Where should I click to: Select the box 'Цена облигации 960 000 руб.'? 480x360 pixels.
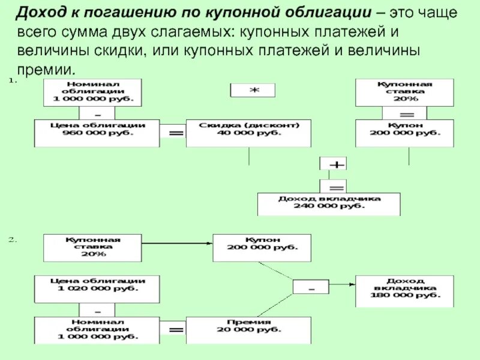97,133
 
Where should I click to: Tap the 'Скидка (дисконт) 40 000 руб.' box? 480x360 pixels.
248,133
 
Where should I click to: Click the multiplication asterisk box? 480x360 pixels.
253,90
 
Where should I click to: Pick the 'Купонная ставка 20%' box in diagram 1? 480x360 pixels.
391,92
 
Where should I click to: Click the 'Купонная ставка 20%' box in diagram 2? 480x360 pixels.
92,247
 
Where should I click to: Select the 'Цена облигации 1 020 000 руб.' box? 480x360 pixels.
97,289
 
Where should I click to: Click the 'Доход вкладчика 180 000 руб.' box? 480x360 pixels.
405,291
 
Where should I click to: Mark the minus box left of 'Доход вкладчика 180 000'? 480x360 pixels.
311,287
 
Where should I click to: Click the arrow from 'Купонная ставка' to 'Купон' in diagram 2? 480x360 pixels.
178,244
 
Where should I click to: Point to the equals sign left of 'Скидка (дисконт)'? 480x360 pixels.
174,133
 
